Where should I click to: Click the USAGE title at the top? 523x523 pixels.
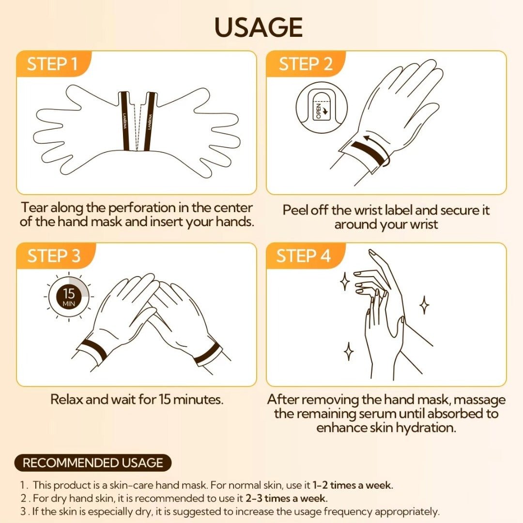click(259, 27)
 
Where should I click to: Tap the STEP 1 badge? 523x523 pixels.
click(53, 64)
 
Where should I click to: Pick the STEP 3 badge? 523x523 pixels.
click(54, 256)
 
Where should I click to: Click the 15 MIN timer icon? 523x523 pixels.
click(69, 296)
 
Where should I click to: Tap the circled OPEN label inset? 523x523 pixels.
click(322, 108)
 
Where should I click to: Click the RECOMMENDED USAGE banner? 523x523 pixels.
click(92, 463)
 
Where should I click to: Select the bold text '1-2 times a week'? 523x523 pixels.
click(353, 485)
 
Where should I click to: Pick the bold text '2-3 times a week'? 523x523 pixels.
click(287, 498)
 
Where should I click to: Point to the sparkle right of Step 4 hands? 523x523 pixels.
click(424, 305)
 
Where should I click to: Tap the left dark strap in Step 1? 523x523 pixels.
click(125, 121)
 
